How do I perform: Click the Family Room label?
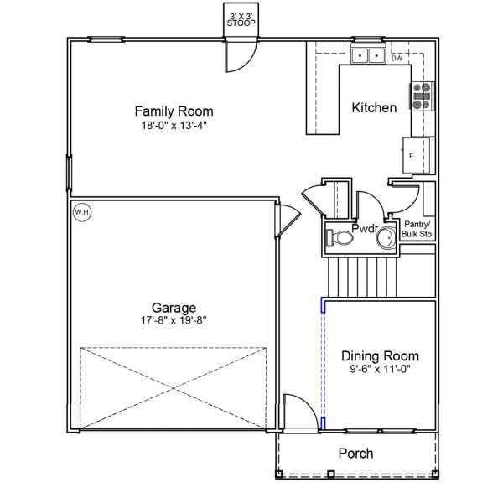[174, 111]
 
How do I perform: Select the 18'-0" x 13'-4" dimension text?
[174, 126]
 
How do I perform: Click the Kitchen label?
[374, 108]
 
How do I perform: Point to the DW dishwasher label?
[397, 59]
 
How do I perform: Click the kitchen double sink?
[367, 57]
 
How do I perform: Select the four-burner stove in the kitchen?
[421, 96]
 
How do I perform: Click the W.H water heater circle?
[82, 213]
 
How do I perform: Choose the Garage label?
[174, 307]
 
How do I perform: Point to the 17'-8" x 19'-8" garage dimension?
[174, 319]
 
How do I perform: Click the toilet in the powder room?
[340, 238]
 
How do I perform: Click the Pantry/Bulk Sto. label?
[417, 229]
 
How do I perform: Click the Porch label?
[355, 454]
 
